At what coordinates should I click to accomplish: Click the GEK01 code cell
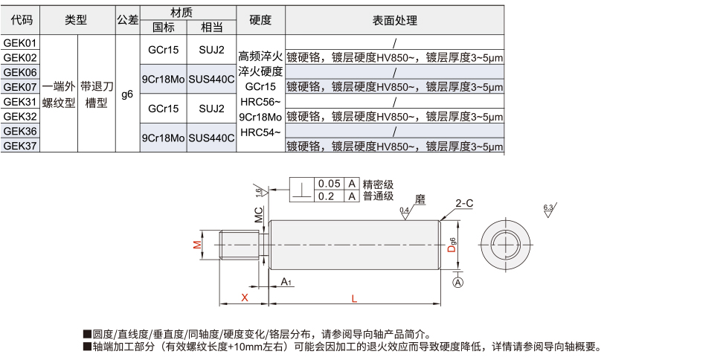pos(20,43)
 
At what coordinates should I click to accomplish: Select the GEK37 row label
pos(20,146)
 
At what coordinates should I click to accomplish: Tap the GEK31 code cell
pos(20,102)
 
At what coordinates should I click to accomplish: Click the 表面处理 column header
pos(394,20)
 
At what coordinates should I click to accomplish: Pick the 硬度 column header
pos(260,20)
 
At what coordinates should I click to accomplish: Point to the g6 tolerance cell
pos(127,94)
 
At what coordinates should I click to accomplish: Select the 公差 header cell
pos(127,20)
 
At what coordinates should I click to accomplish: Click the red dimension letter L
pos(354,298)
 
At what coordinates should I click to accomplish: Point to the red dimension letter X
pos(244,298)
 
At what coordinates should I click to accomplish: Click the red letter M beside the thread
pos(197,245)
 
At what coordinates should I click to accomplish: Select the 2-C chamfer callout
pos(464,202)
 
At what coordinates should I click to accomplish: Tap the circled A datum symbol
pos(457,283)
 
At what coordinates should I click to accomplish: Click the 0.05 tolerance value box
pos(329,184)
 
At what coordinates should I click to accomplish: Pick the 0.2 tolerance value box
pos(329,196)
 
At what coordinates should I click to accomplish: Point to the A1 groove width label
pos(286,281)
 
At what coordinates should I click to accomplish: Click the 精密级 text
pos(378,184)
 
